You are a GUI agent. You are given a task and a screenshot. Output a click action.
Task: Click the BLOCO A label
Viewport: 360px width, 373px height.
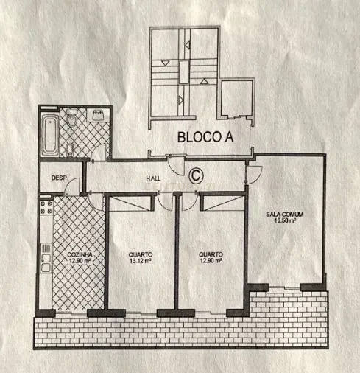(x=199, y=136)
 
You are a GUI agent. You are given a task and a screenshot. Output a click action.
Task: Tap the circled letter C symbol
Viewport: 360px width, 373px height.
(x=196, y=175)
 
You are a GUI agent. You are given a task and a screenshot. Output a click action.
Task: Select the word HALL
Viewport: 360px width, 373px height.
(x=153, y=178)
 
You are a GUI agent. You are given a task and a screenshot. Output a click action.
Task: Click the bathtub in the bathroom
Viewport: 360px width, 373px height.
(x=51, y=133)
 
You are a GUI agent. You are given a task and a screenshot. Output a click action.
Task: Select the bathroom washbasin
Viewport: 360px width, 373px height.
(x=97, y=116)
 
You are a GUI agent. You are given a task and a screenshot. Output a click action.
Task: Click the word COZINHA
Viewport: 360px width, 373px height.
(x=72, y=254)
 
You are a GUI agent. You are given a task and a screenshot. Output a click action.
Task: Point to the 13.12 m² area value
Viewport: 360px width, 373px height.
(x=138, y=261)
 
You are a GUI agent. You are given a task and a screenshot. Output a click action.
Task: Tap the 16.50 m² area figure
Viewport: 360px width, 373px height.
(x=286, y=220)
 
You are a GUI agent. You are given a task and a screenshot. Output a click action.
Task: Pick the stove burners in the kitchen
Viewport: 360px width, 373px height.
(x=45, y=209)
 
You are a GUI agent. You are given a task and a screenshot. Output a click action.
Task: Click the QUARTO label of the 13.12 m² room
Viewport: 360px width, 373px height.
(x=138, y=254)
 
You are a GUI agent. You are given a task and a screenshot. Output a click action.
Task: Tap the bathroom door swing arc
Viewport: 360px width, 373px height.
(x=96, y=154)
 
